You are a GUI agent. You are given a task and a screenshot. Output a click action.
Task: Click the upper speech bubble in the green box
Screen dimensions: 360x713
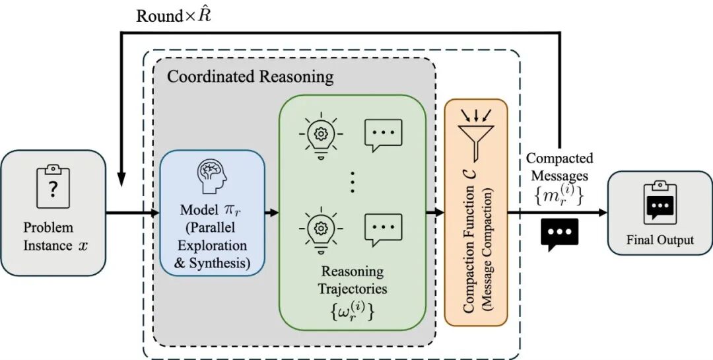[x=384, y=135]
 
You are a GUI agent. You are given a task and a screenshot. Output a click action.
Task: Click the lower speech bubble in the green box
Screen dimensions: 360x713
[x=384, y=230]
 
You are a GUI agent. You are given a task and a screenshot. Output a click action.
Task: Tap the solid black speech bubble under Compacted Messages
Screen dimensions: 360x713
[x=559, y=233]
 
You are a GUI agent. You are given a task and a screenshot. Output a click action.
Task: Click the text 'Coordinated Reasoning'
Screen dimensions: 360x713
[x=250, y=77]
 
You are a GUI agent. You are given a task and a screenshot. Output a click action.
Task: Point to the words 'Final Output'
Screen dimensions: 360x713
[x=660, y=240]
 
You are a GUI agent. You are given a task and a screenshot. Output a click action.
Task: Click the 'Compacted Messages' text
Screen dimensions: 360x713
[x=559, y=167]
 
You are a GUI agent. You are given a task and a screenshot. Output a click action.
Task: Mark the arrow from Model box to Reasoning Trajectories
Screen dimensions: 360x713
[x=271, y=213]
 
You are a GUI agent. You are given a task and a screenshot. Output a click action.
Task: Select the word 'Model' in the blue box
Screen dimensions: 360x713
[x=198, y=211]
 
